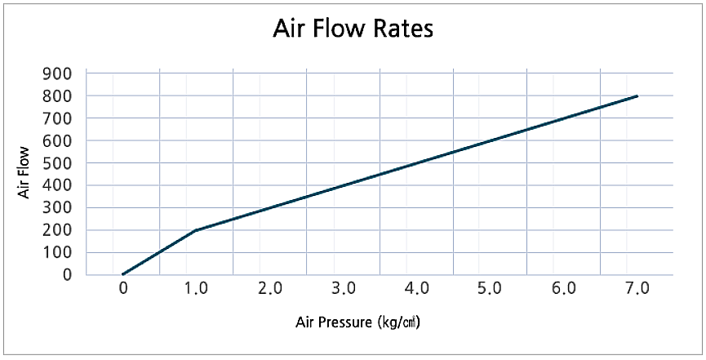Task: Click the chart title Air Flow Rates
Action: tap(353, 29)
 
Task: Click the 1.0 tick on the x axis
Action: tap(197, 288)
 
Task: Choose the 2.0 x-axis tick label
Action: tap(270, 288)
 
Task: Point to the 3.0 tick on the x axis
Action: tap(344, 288)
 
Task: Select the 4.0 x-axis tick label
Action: tap(417, 288)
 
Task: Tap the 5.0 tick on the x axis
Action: tap(491, 288)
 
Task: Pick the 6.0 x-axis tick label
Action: tap(564, 288)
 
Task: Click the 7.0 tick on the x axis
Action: tap(637, 288)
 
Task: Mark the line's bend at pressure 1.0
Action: tap(197, 230)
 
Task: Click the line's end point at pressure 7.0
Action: tap(637, 96)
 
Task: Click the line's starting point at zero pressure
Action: tap(123, 274)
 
